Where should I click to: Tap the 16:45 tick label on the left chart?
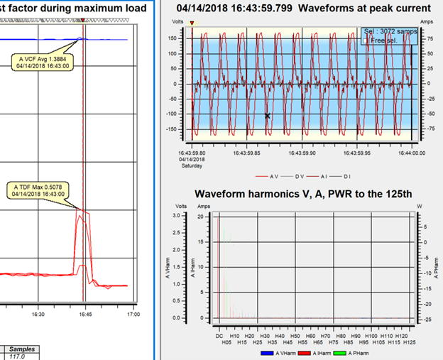[x=84, y=314]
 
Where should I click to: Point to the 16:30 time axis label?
[x=38, y=314]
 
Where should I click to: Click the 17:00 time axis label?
[x=132, y=314]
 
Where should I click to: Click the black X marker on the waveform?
[x=268, y=116]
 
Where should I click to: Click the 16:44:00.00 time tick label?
[x=412, y=152]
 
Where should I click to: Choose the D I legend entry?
[x=352, y=175]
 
